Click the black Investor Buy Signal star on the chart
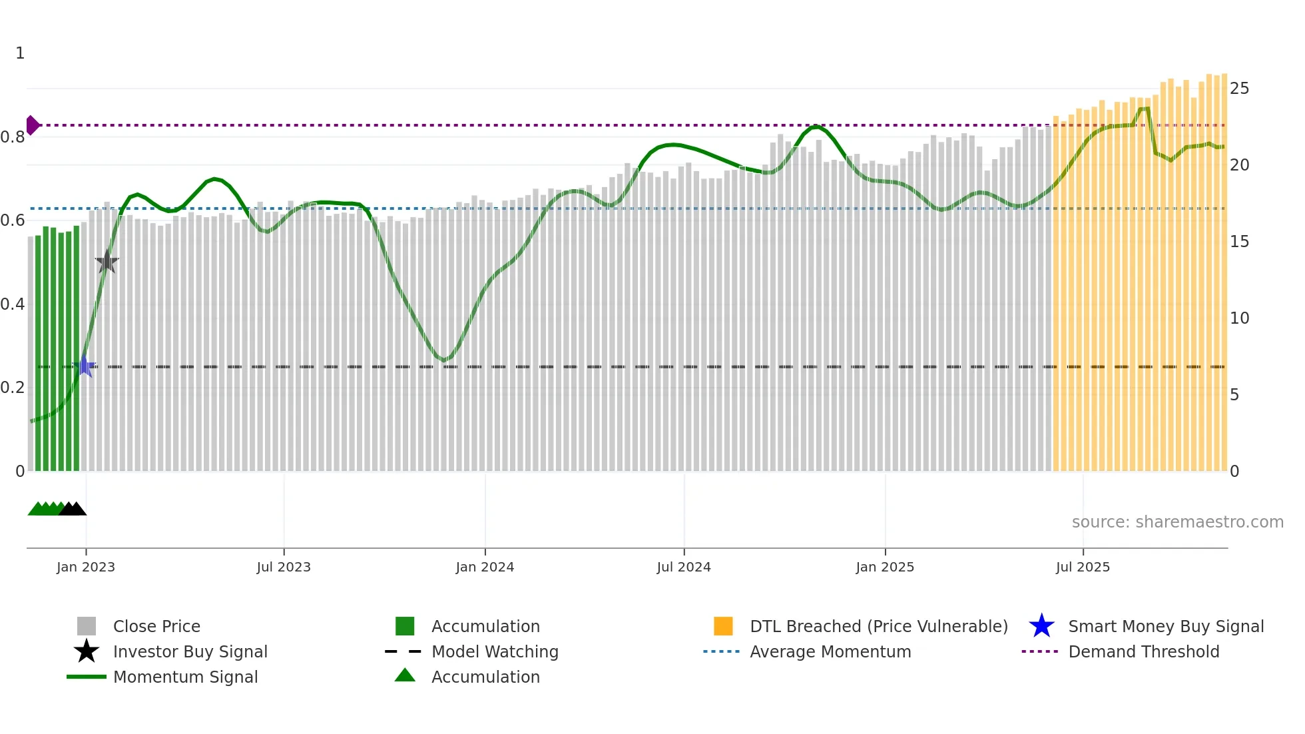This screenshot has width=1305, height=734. coord(107,262)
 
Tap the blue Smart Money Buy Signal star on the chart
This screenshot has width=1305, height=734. coord(85,366)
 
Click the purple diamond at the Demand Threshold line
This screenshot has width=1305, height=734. coord(32,125)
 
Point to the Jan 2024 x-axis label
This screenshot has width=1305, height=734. coord(485,567)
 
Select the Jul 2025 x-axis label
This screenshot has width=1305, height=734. coord(1083,567)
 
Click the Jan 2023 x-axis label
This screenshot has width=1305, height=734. coord(86,567)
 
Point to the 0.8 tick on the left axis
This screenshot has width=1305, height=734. coord(13,137)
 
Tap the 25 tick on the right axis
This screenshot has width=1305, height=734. coord(1239,89)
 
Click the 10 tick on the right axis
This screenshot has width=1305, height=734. coord(1239,318)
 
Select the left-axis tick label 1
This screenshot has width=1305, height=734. coord(20,53)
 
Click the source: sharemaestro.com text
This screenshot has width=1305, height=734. coord(1177,522)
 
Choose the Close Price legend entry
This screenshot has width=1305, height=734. coord(156,626)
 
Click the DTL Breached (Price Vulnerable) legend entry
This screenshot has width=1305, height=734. coord(878,626)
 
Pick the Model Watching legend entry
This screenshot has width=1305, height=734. coord(495,651)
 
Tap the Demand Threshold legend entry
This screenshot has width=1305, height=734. coord(1143,651)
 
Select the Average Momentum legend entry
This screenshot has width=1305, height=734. coord(830,651)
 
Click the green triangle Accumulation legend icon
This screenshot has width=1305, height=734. coord(405,675)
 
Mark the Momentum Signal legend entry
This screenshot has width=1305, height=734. coord(185,677)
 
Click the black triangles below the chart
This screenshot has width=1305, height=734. coord(73,509)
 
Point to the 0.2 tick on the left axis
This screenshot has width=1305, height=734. coord(13,388)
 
